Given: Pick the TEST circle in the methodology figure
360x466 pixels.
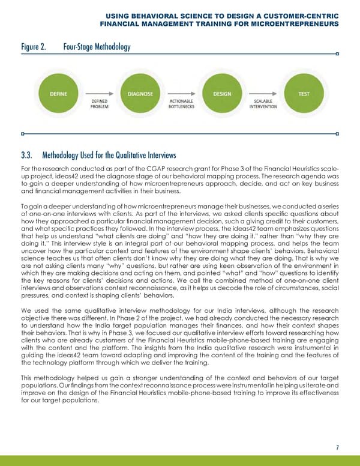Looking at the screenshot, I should coord(304,94).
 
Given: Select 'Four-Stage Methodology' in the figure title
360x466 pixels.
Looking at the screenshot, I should coord(97,45).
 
